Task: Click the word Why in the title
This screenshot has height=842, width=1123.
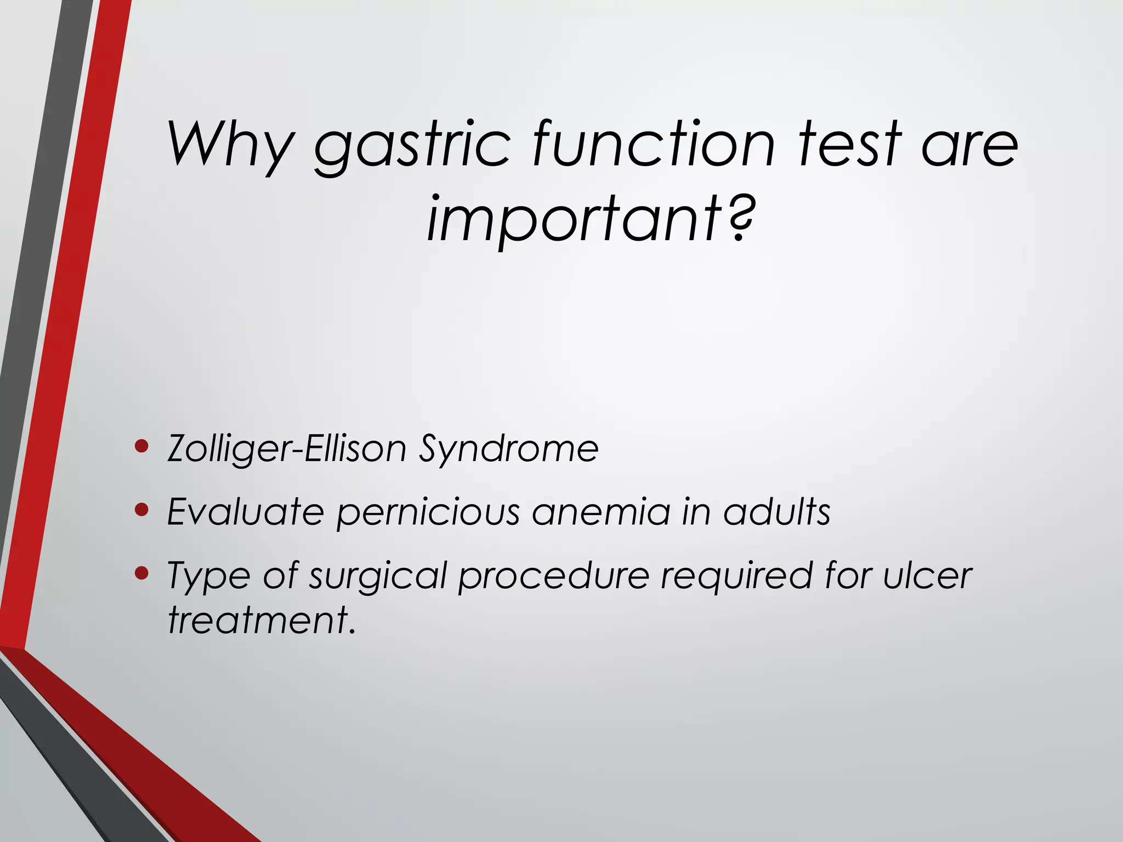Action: [230, 144]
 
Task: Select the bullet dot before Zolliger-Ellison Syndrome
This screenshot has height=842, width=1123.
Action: [141, 447]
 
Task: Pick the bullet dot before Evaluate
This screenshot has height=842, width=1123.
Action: [141, 510]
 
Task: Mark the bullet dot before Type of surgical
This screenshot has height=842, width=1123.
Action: [141, 573]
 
